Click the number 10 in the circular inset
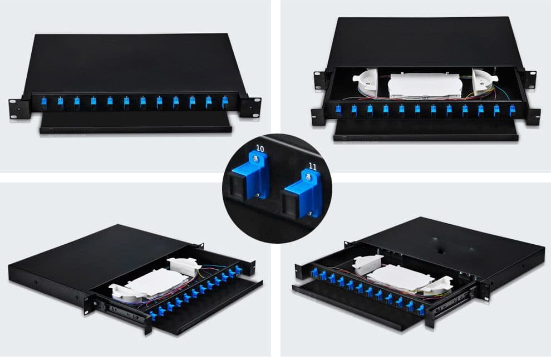click(259, 149)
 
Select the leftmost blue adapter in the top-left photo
click(43, 102)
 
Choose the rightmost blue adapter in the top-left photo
click(225, 102)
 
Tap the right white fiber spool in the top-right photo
click(484, 84)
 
